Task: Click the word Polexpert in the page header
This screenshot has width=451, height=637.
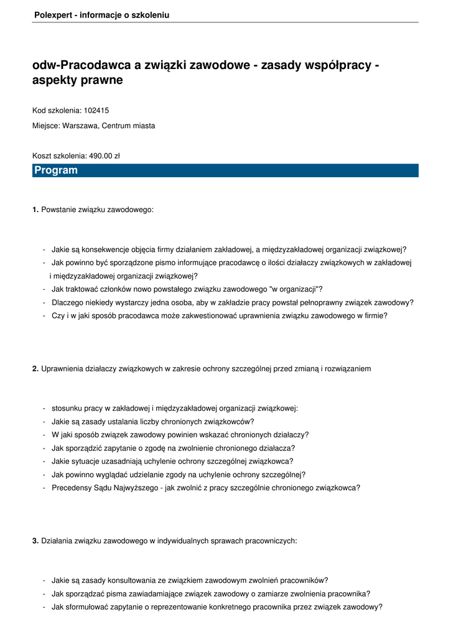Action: click(x=52, y=14)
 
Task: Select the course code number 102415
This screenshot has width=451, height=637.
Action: click(x=96, y=110)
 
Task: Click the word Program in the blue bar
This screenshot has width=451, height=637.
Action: click(x=56, y=170)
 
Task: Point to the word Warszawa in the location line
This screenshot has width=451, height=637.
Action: click(x=80, y=126)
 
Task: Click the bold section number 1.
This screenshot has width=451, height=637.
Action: click(x=35, y=210)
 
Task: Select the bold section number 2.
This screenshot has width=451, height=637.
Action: click(x=35, y=369)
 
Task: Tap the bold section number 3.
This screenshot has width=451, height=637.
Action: click(x=35, y=541)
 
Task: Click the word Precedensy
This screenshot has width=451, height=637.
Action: click(x=72, y=488)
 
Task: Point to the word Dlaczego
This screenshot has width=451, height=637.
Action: click(x=67, y=302)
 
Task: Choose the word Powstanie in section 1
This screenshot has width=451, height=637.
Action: click(x=58, y=210)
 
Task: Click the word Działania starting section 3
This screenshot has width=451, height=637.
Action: click(x=58, y=541)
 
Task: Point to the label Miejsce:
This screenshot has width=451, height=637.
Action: click(x=47, y=126)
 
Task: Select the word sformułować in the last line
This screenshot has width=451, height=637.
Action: click(x=87, y=607)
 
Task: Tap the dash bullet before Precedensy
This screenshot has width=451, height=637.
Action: click(x=44, y=488)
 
